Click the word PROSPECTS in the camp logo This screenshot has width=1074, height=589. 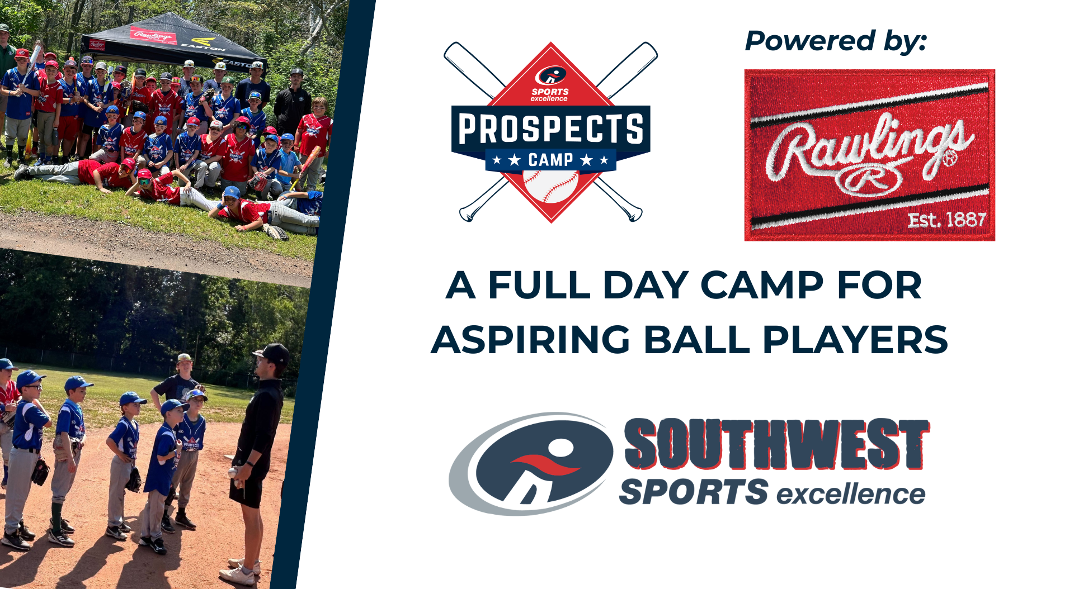(550, 129)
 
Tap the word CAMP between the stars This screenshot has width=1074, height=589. (550, 160)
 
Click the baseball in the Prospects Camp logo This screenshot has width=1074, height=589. (550, 186)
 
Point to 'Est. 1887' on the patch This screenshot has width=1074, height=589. (946, 220)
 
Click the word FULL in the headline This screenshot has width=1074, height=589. (539, 285)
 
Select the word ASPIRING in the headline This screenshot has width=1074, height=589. (531, 340)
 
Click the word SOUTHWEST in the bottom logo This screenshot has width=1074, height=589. (776, 444)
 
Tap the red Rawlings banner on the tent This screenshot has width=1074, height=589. (153, 36)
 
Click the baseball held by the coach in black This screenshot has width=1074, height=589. (233, 473)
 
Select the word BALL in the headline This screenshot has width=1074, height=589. (696, 340)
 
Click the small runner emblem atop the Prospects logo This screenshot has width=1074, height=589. (550, 75)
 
